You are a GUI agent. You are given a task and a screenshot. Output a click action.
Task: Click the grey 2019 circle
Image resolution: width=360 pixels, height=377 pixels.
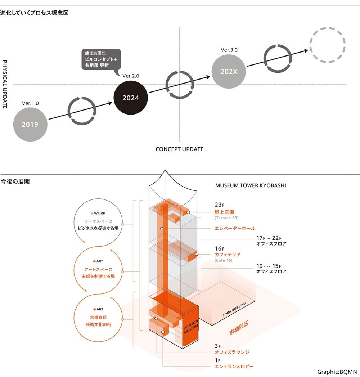pos(30,125)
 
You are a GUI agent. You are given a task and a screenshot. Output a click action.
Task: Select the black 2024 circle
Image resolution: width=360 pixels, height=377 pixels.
pos(130,98)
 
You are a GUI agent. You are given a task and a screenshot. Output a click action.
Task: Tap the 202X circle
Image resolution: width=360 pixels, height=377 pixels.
pos(229,71)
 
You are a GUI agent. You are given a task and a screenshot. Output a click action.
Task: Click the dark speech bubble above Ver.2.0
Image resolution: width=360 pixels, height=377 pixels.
pos(99,59)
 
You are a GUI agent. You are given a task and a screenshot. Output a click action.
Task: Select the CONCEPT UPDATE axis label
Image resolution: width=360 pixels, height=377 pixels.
pos(179,149)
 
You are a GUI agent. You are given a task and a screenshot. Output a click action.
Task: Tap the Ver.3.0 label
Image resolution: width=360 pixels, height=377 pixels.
pos(229,50)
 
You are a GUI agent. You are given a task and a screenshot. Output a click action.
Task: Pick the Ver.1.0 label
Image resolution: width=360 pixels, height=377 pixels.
pos(30,103)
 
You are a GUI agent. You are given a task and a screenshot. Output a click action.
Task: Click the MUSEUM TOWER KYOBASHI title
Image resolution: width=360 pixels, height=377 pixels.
pos(251,186)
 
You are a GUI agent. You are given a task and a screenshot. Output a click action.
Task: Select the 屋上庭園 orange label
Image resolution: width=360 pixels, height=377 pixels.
pos(224,212)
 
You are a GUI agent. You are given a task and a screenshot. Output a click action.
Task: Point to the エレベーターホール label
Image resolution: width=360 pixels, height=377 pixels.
pos(235,228)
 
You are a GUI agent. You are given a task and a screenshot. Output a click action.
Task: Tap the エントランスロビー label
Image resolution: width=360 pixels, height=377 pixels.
pos(234,367)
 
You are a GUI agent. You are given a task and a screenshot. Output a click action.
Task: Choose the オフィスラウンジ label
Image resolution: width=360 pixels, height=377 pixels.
pos(232,352)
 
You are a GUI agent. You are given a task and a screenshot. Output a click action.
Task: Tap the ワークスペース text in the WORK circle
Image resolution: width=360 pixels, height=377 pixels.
pos(98,221)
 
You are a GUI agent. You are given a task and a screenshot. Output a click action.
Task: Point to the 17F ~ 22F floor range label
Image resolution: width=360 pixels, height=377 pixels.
pos(269,238)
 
